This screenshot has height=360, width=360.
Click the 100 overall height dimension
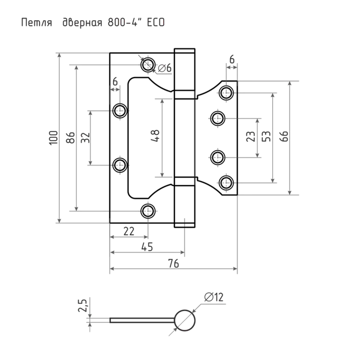pyautogui.click(x=53, y=137)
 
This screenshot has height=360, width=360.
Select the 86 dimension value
pyautogui.click(x=70, y=137)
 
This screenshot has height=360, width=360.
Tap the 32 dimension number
pyautogui.click(x=85, y=137)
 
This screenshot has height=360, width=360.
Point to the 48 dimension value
pyautogui.click(x=155, y=136)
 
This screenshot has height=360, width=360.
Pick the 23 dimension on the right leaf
pyautogui.click(x=250, y=136)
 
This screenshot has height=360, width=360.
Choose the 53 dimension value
pyautogui.click(x=266, y=136)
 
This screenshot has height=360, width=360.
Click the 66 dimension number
pyautogui.click(x=283, y=136)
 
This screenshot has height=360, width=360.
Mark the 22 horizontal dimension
pyautogui.click(x=129, y=231)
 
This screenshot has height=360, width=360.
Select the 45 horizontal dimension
pyautogui.click(x=147, y=247)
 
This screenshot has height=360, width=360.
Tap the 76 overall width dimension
pyautogui.click(x=173, y=263)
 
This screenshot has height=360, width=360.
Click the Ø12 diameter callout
pyautogui.click(x=214, y=297)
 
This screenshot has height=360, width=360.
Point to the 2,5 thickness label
pyautogui.click(x=83, y=305)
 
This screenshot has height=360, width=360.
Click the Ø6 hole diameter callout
pyautogui.click(x=165, y=68)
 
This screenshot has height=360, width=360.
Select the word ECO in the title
pyautogui.click(x=156, y=22)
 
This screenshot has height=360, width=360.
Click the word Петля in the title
pyautogui.click(x=37, y=23)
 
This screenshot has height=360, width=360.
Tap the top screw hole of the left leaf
pyautogui.click(x=148, y=65)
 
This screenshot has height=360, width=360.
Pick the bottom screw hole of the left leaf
pyautogui.click(x=148, y=211)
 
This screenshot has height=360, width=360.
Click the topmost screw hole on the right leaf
pyautogui.click(x=226, y=93)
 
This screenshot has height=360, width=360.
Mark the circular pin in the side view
pyautogui.click(x=184, y=321)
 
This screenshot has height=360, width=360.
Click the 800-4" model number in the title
pyautogui.click(x=124, y=22)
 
